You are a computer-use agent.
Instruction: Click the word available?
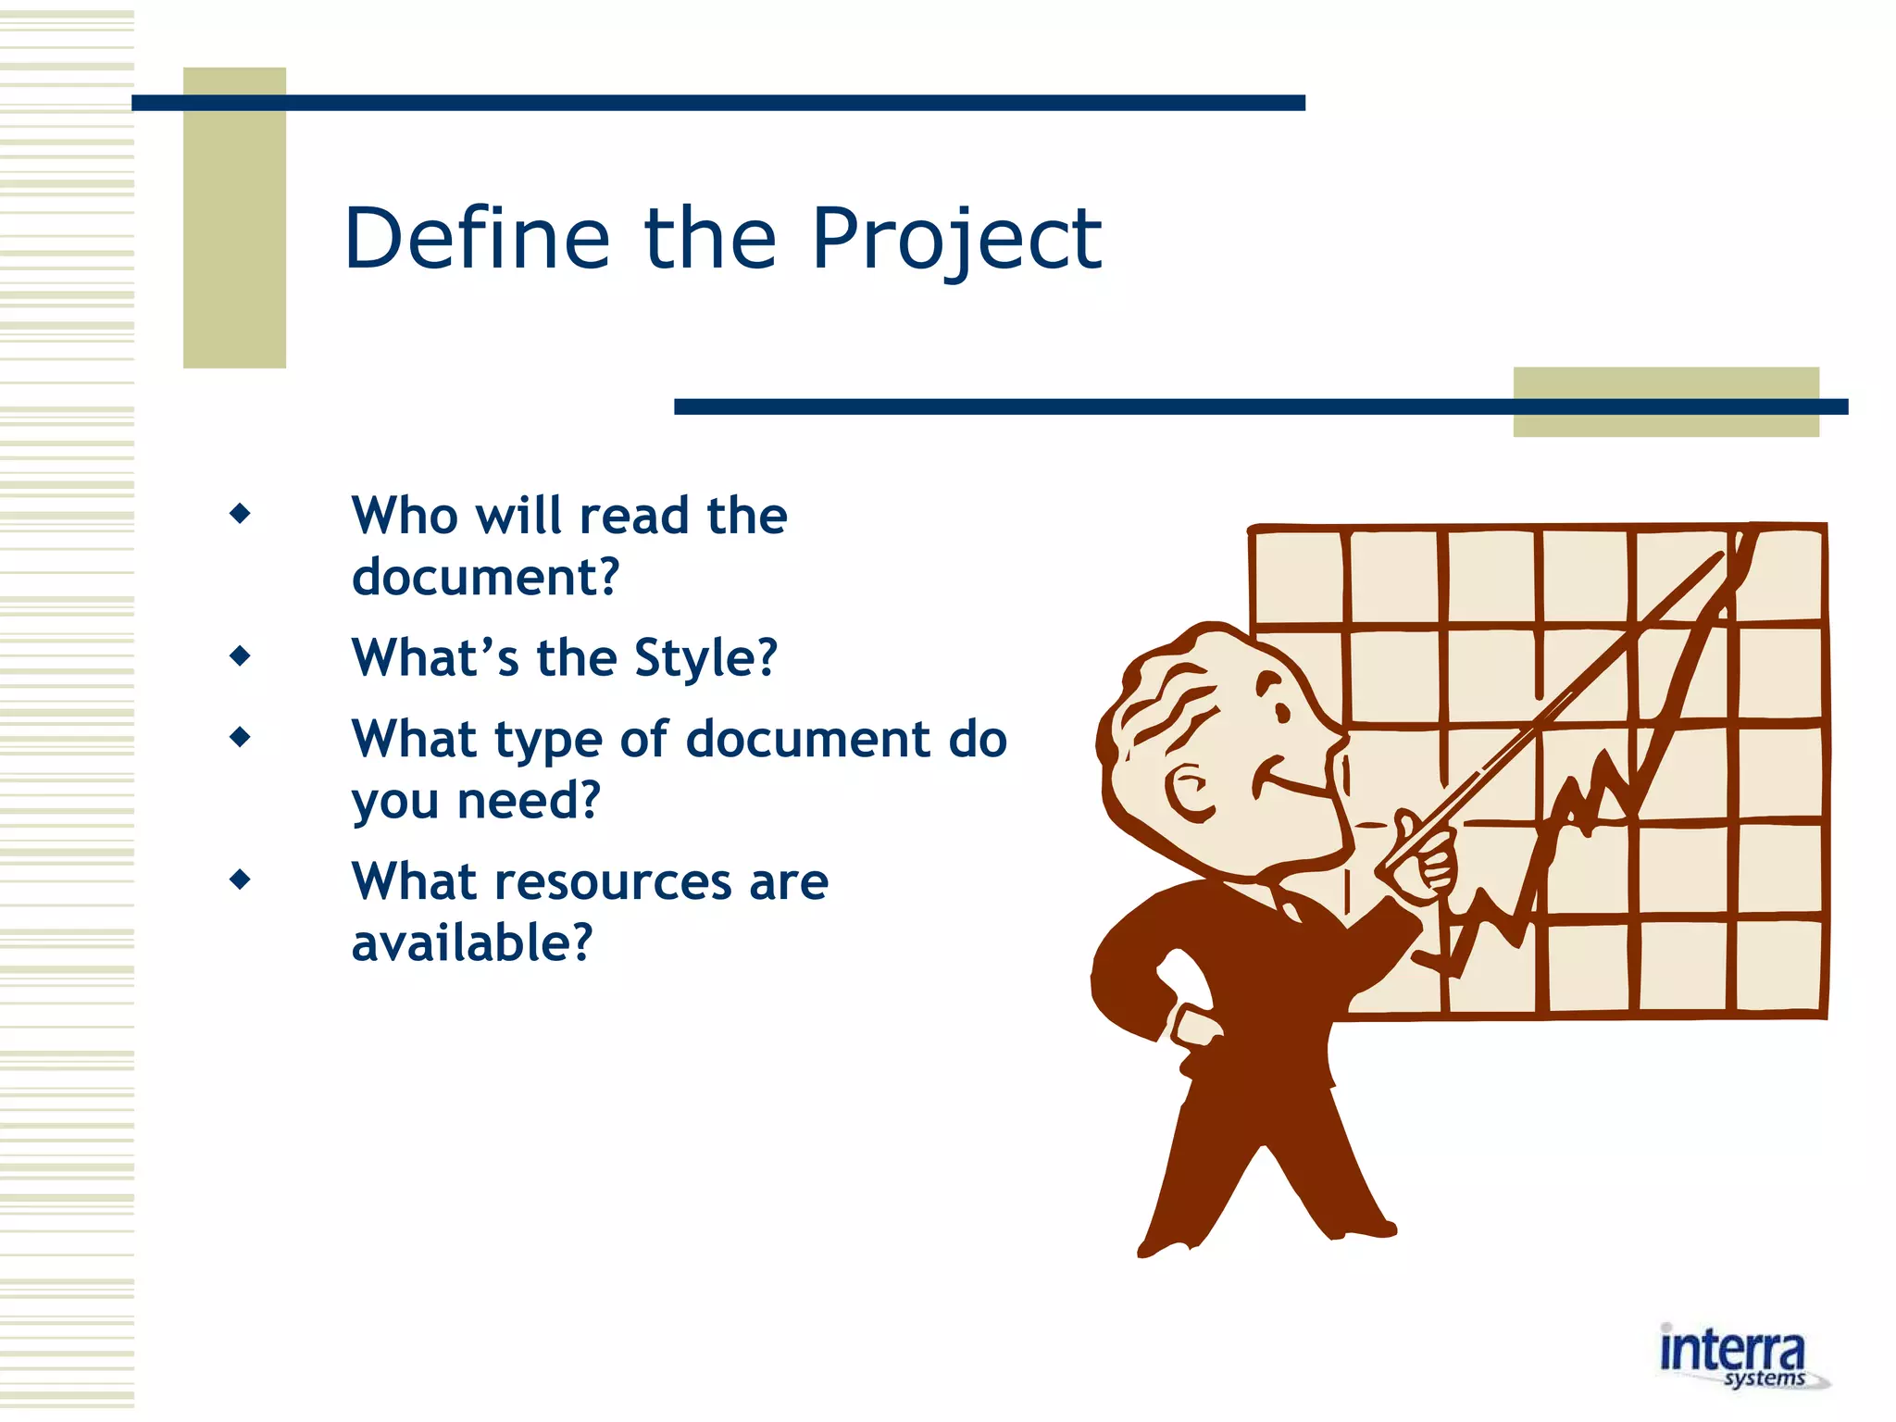click(x=471, y=943)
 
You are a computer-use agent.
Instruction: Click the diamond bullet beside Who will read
click(x=240, y=513)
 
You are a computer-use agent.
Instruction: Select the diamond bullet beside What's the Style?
click(x=240, y=656)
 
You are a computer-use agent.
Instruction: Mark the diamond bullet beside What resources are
click(x=240, y=879)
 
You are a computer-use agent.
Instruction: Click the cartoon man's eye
click(x=1281, y=712)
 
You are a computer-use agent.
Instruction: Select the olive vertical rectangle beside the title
click(x=234, y=218)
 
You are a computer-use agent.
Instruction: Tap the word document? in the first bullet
click(x=485, y=577)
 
